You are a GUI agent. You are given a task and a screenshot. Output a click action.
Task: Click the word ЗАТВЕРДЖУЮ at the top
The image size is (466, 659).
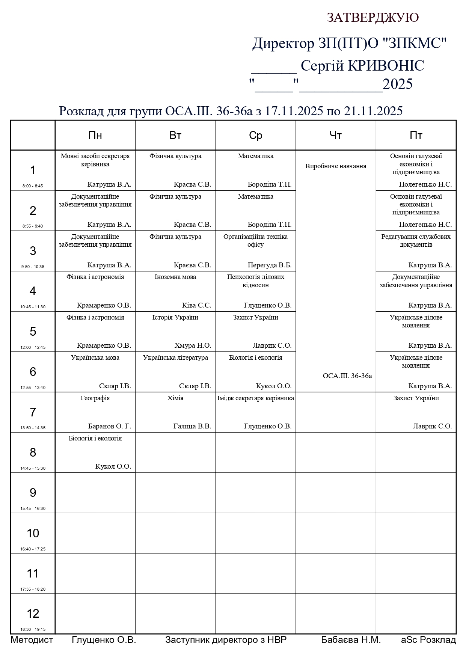[372, 18]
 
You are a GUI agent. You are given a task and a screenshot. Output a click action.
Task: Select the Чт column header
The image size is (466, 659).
[335, 135]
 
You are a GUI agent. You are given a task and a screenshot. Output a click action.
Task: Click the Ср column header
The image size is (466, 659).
[255, 135]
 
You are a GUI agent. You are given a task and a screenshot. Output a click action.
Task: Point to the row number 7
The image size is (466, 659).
[33, 412]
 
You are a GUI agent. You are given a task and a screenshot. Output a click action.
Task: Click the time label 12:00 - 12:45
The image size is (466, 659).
[33, 347]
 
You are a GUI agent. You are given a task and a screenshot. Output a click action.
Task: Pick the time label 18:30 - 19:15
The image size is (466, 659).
[33, 629]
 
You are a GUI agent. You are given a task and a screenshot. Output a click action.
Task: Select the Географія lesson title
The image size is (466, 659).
[95, 398]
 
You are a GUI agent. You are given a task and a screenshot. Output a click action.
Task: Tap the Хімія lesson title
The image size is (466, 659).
[175, 398]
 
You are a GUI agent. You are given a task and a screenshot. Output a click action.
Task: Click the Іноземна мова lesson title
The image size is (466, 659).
[175, 277]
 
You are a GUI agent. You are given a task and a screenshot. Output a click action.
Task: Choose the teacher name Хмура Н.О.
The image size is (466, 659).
[193, 345]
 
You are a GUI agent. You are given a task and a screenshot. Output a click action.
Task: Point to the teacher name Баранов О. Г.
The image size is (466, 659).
[109, 426]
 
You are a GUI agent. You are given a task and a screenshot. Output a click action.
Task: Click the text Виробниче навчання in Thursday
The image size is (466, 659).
[336, 166]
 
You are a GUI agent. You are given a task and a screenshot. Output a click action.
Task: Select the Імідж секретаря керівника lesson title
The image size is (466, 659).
[255, 398]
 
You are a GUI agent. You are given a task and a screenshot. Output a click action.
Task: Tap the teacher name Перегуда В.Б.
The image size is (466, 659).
[269, 265]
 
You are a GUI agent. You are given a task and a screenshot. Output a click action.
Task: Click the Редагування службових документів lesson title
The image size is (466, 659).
[416, 240]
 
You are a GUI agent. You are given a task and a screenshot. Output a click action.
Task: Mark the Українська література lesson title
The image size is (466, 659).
[175, 357]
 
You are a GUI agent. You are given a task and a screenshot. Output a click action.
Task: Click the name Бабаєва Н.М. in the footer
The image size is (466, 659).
[351, 640]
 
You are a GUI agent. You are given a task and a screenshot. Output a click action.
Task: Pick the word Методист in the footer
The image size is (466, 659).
[32, 640]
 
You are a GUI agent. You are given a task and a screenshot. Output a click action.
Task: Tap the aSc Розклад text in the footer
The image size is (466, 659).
[428, 640]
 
